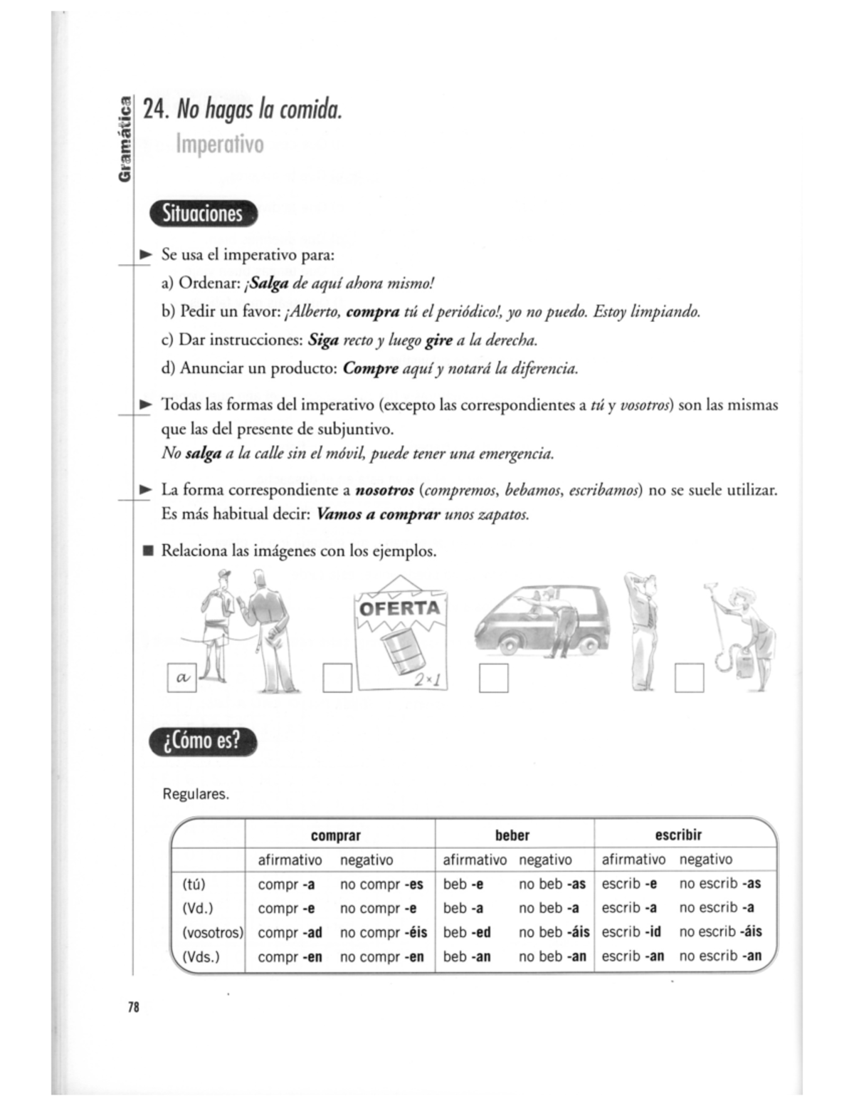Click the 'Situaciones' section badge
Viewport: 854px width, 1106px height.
click(x=203, y=214)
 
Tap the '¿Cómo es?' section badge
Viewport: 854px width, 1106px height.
click(x=203, y=741)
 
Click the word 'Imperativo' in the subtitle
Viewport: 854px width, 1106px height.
click(x=219, y=144)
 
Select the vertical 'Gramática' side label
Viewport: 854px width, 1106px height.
click(x=125, y=140)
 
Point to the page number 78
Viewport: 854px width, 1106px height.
click(x=133, y=1006)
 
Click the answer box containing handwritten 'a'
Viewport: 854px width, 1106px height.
click(x=181, y=678)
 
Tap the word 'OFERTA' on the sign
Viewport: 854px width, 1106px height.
click(x=399, y=609)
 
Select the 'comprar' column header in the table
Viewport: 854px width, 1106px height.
click(x=336, y=835)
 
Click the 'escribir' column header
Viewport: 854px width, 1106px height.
click(x=678, y=835)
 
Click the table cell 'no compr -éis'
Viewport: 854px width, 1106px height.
click(x=383, y=932)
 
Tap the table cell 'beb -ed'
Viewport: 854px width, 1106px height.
click(x=467, y=932)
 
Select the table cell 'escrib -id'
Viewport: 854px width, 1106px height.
click(x=631, y=932)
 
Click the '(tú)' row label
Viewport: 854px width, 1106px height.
click(x=194, y=884)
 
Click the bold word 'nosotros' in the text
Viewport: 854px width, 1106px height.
click(x=384, y=490)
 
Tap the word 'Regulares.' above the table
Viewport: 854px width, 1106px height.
click(x=196, y=794)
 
